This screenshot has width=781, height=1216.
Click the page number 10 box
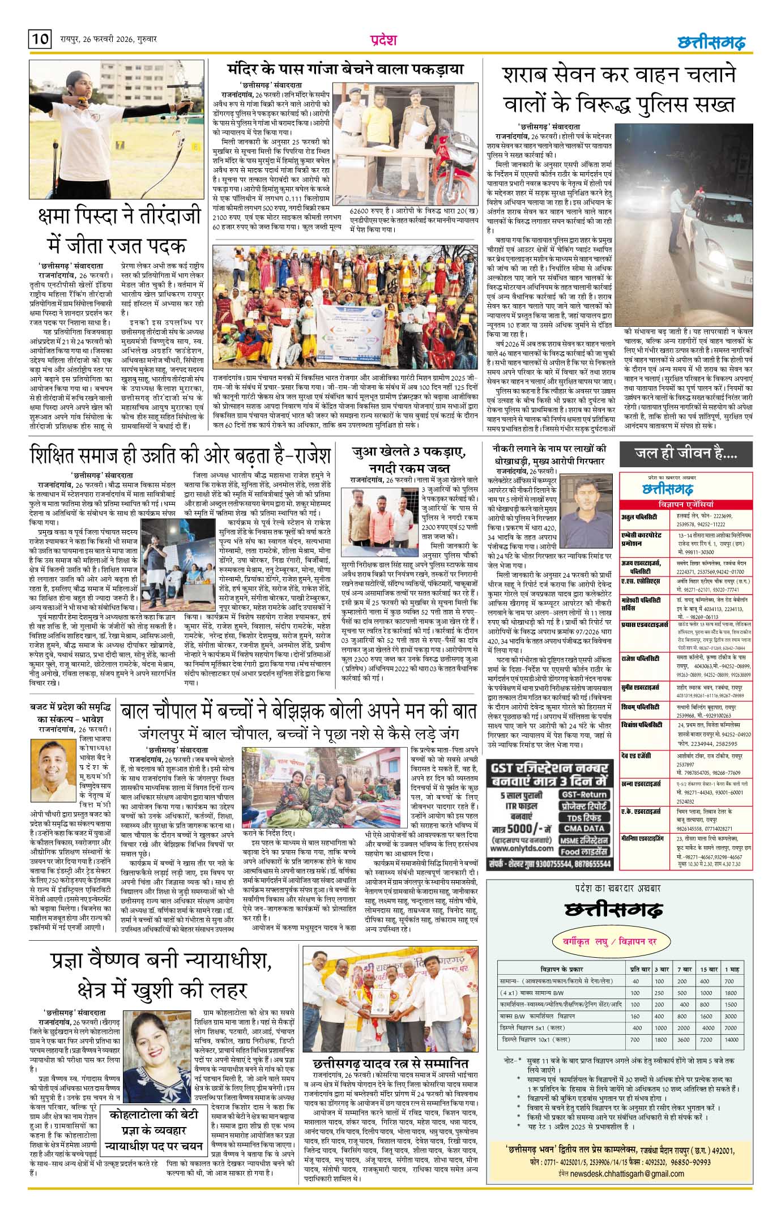click(x=40, y=40)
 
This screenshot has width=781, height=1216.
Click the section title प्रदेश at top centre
click(x=383, y=40)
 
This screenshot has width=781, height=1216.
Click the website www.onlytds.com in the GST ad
click(x=522, y=848)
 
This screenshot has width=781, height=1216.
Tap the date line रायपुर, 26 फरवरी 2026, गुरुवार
click(x=108, y=40)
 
